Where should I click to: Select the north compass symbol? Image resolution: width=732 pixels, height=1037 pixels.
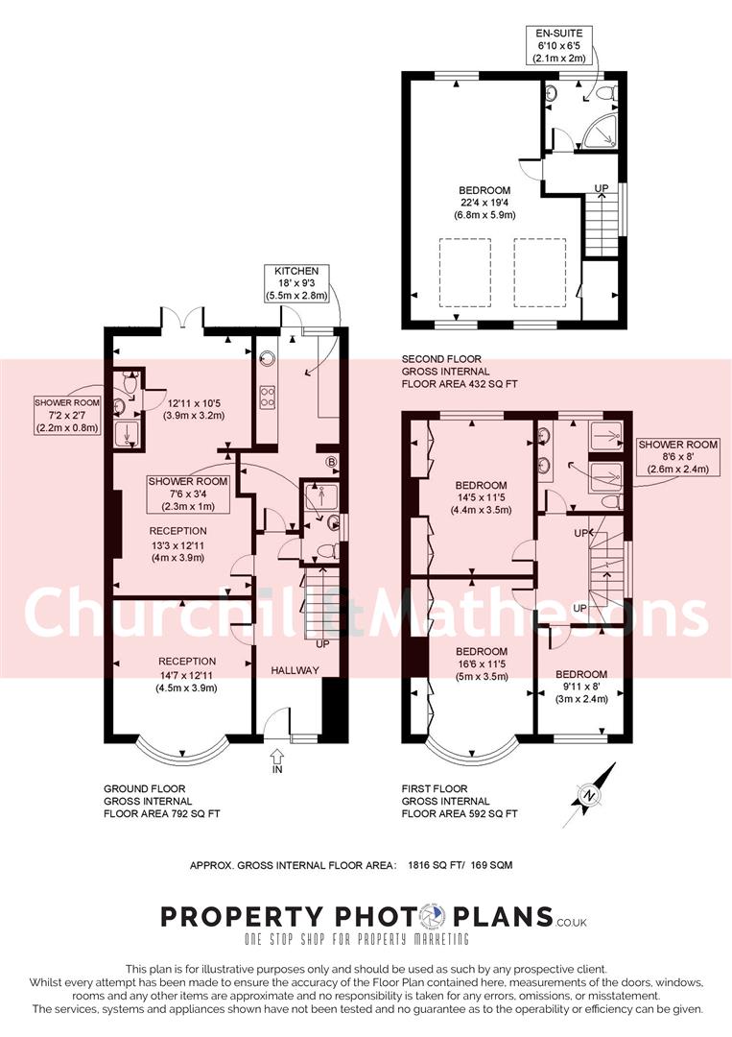point(588,795)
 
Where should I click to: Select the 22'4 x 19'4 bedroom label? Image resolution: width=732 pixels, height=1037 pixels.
point(484,203)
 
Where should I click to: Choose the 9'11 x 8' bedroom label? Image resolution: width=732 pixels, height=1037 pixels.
point(580,686)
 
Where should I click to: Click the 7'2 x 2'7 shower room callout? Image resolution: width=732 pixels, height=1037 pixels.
point(66,415)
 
